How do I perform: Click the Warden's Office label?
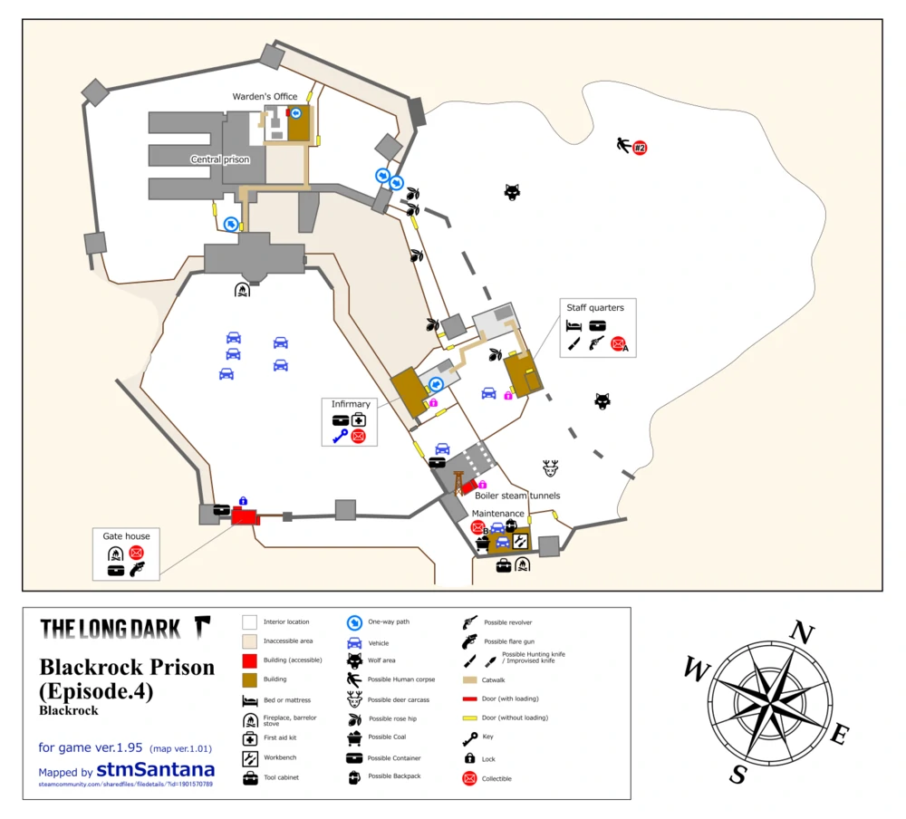(x=265, y=96)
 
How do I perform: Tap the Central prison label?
(x=219, y=159)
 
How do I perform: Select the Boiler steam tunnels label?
(x=517, y=496)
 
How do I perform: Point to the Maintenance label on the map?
(x=497, y=514)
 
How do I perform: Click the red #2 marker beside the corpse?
(x=640, y=148)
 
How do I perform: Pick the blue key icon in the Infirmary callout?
(x=340, y=437)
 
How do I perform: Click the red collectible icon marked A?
(x=618, y=343)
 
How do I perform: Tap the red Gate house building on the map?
(x=245, y=515)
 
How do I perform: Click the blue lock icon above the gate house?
(x=243, y=501)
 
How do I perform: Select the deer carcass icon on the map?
(x=550, y=467)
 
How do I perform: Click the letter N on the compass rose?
(x=801, y=633)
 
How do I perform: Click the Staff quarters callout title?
(x=595, y=308)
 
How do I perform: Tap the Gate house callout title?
(x=127, y=536)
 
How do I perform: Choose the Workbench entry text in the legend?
(x=281, y=756)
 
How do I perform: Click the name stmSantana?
(x=156, y=769)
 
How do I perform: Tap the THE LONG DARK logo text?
(x=113, y=628)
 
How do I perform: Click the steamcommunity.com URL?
(x=126, y=784)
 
